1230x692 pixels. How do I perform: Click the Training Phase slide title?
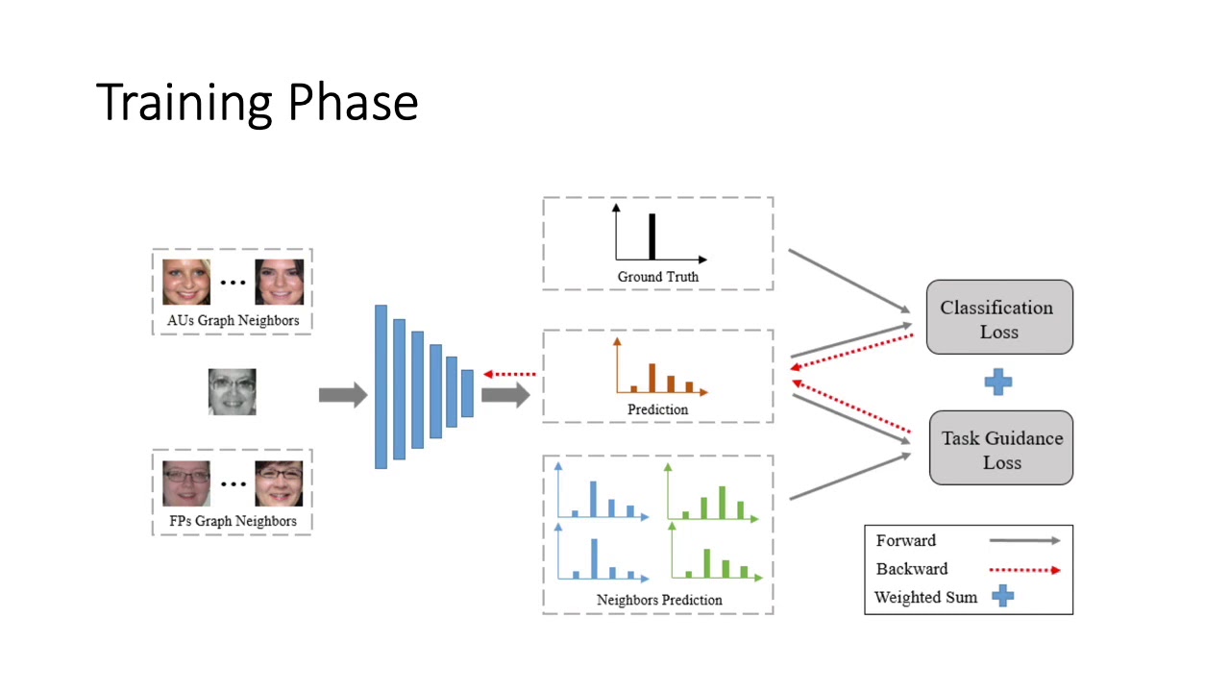[257, 102]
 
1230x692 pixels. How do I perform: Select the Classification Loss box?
[998, 319]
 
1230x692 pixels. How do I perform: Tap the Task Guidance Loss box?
[1000, 449]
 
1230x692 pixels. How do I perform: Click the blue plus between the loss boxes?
[998, 383]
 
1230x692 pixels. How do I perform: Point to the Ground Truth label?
[657, 277]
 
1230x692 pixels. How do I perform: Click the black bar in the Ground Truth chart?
[652, 236]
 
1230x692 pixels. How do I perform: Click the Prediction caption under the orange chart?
[657, 409]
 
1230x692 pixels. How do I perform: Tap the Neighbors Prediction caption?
[658, 600]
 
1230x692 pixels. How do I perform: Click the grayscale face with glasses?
[233, 392]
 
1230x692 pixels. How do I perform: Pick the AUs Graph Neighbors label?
[232, 320]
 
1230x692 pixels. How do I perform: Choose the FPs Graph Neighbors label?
[232, 521]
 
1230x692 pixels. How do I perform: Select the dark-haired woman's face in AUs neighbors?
[279, 282]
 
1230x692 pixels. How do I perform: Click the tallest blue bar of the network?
[381, 386]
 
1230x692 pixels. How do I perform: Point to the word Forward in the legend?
[905, 540]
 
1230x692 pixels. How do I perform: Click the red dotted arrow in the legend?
[1024, 570]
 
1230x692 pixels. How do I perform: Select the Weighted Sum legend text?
[925, 597]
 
